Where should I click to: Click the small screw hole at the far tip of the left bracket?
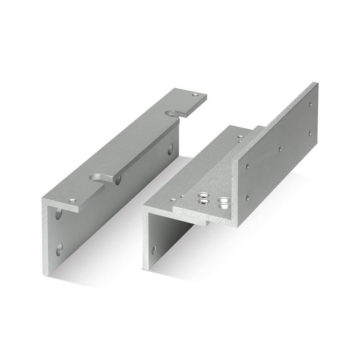pos(194,95)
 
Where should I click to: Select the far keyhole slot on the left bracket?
pos(172,114)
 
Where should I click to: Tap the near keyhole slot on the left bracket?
pos(98,178)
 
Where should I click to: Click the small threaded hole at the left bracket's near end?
pos(71,200)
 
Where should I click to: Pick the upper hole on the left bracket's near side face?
pos(58,214)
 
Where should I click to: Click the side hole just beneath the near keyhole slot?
pos(118,181)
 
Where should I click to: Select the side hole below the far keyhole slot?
pos(170,150)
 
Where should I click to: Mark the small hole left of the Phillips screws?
pos(173,200)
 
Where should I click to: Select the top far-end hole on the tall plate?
pos(310,104)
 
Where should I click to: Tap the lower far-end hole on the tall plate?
pos(310,133)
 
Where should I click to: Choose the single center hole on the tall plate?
pos(280,148)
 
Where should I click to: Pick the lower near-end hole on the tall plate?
pos(247,197)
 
